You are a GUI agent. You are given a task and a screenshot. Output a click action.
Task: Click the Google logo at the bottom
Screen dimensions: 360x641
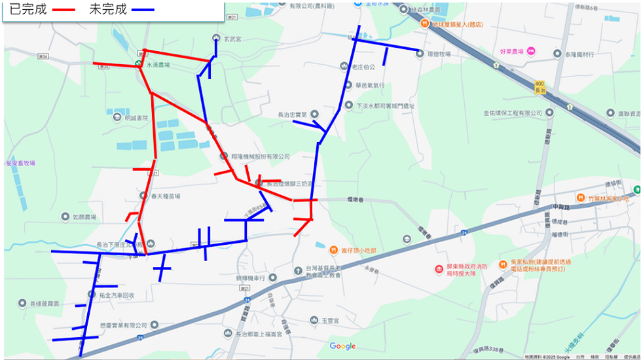click(x=342, y=346)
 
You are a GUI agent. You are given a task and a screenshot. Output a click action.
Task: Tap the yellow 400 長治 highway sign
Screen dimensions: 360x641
click(x=540, y=87)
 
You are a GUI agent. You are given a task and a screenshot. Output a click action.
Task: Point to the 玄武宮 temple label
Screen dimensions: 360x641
click(x=232, y=39)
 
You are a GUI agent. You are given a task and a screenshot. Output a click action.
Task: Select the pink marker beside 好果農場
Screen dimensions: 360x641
click(x=531, y=51)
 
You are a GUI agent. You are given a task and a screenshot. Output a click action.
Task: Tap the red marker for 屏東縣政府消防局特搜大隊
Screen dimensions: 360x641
click(x=439, y=270)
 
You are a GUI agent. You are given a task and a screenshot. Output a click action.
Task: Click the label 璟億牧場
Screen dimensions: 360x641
click(x=438, y=54)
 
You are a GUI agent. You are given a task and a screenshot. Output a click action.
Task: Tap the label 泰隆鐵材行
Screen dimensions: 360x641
click(x=579, y=54)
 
